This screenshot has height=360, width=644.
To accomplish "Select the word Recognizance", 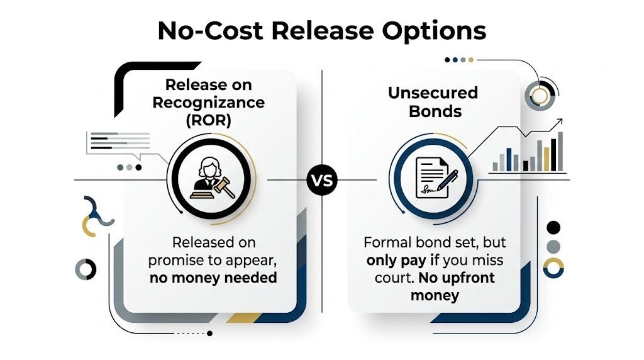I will click(x=214, y=103).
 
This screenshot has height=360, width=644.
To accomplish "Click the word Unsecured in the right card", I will click(x=433, y=93).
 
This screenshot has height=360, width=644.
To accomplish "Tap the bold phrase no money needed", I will click(x=213, y=277).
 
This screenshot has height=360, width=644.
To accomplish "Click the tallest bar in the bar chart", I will click(x=560, y=151).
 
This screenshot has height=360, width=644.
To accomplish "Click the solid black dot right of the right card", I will click(x=553, y=227).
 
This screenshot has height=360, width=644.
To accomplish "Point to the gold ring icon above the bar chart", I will click(x=540, y=96).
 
